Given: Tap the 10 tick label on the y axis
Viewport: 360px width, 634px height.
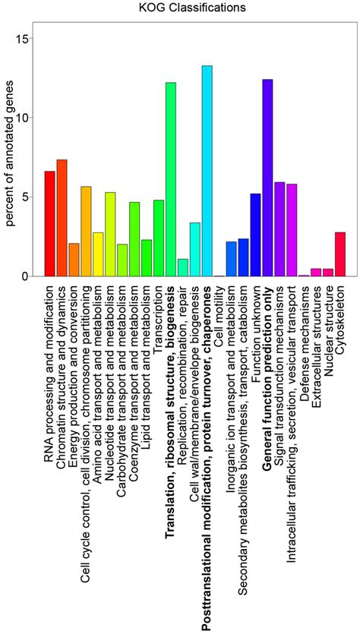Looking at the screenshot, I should [x=26, y=118].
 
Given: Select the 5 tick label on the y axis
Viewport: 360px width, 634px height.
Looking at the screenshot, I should [x=26, y=197].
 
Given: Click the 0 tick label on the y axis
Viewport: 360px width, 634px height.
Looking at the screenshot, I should [x=26, y=276].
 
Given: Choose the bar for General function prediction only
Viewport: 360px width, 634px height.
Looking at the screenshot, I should [x=267, y=178].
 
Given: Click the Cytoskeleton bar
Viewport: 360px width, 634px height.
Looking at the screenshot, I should [x=340, y=254].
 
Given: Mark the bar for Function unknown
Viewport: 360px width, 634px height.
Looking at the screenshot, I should [x=255, y=235].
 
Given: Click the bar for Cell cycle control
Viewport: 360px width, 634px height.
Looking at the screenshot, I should [x=86, y=232].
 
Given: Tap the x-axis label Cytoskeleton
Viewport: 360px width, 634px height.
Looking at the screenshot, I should [x=340, y=318].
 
